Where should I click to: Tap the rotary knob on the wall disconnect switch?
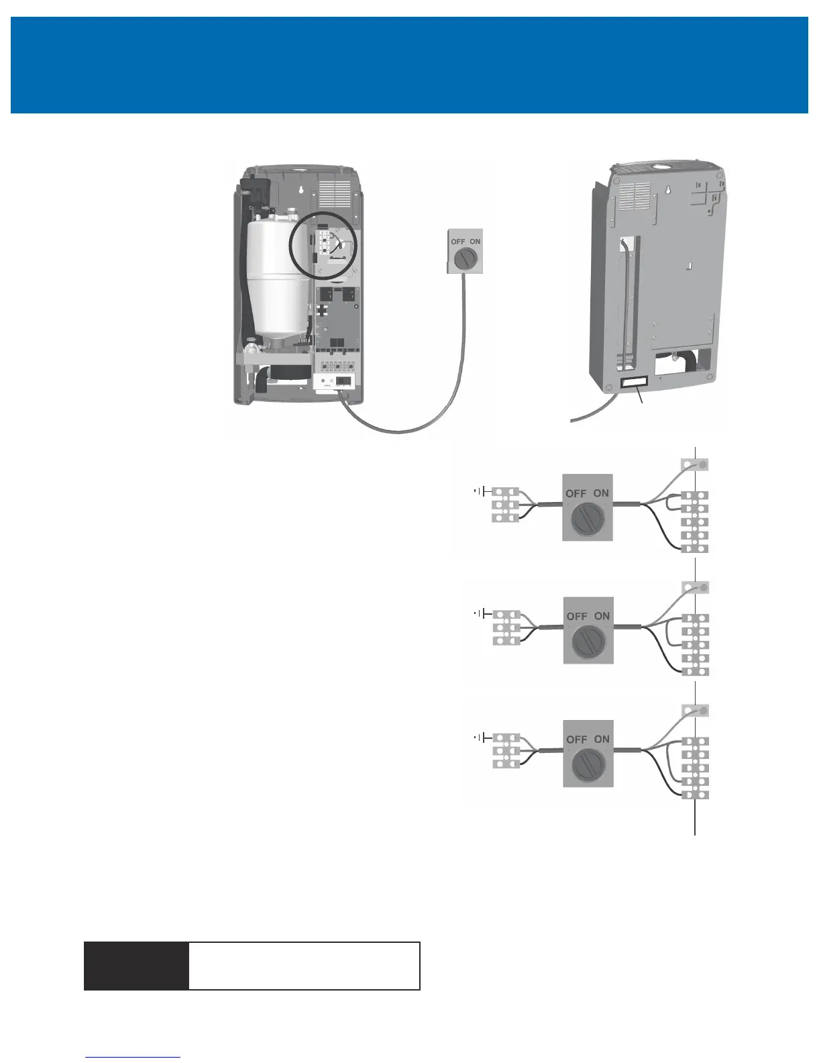[x=466, y=258]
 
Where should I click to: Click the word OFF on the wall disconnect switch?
[x=458, y=242]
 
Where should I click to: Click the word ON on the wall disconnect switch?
[x=475, y=242]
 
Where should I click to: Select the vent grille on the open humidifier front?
[x=335, y=193]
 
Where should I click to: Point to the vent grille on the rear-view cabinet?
[x=634, y=197]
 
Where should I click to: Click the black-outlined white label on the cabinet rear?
[x=635, y=382]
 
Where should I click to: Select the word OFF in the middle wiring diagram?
[x=577, y=616]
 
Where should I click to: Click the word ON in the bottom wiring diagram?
[x=602, y=739]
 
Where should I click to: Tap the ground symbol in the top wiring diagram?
[x=480, y=491]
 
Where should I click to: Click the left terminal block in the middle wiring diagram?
[x=506, y=628]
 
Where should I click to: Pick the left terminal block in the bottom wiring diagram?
[x=506, y=751]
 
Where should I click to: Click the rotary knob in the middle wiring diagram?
[x=588, y=642]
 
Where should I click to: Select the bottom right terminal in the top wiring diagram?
[x=695, y=548]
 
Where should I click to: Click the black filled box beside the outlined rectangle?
[x=136, y=966]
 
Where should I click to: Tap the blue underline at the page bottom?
[x=133, y=1057]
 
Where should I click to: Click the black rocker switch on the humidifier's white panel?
[x=343, y=381]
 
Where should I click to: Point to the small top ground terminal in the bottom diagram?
[x=695, y=710]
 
